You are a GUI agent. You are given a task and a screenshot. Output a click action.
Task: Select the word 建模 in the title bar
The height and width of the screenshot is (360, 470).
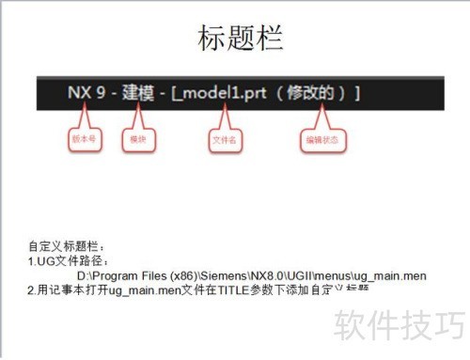pos(139,94)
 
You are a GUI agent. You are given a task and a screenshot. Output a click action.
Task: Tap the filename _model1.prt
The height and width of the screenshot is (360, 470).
pos(227,94)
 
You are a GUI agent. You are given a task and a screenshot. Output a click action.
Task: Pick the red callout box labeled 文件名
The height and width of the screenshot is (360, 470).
pos(222,141)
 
